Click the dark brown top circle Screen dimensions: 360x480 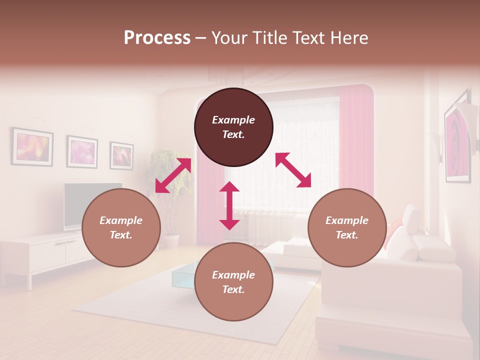coord(233,127)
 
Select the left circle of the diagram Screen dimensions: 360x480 coord(121,227)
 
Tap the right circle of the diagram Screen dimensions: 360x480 coord(347,227)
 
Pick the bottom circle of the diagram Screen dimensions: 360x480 coord(233,282)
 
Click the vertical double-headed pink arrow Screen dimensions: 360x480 coord(229,205)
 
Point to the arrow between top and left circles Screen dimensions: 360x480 coord(173,175)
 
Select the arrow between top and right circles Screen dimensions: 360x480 coord(293,170)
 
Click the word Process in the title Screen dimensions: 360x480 coord(157,37)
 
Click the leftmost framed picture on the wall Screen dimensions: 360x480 coord(33,147)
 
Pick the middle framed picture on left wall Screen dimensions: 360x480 coord(82,151)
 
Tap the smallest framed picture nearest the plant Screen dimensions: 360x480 coord(121,155)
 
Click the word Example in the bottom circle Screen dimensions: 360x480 coord(233,275)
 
